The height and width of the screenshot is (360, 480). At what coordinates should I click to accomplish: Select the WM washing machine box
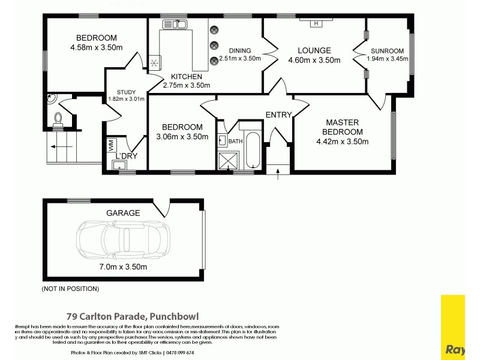click(111, 145)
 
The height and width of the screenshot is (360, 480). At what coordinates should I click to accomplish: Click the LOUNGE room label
click(314, 50)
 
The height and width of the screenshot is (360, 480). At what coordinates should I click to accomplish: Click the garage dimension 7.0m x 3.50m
click(123, 266)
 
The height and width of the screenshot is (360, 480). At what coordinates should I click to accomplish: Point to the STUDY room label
click(126, 92)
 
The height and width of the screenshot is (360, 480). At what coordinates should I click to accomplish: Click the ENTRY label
click(278, 115)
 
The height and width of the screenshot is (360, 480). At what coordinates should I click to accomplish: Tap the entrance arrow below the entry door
click(278, 174)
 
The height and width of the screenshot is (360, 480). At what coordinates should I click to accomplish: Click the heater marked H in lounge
click(316, 23)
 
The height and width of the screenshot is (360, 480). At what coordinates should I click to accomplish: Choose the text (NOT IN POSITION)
click(70, 289)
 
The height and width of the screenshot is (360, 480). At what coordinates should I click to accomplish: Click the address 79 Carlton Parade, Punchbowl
click(132, 316)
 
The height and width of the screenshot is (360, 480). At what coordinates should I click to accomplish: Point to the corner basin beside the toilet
click(50, 99)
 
